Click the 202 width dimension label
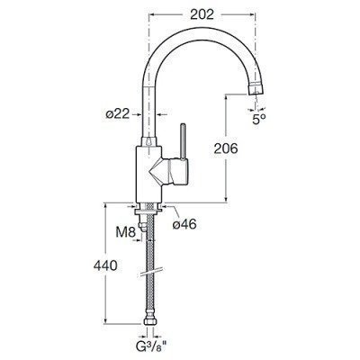pos(202,14)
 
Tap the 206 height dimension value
pos(226,148)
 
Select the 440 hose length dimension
pos(105,265)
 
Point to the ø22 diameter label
pos(117,114)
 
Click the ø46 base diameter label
pos(184,224)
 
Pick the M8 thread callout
pos(126,232)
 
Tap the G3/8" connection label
pos(150,349)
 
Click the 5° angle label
pos(259,120)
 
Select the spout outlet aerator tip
pos(256,89)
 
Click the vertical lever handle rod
pos(183,140)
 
